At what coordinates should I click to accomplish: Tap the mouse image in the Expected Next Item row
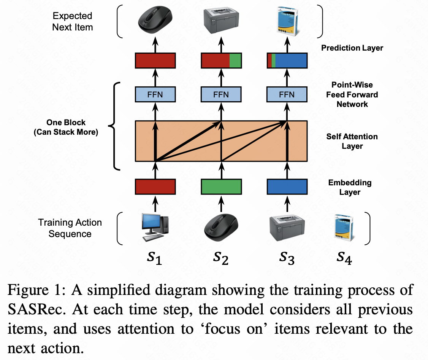[x=155, y=20]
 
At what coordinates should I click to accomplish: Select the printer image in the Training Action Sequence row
[x=287, y=228]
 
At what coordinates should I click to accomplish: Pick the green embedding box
[x=221, y=186]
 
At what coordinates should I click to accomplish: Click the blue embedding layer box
[x=287, y=186]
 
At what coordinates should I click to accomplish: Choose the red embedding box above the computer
[x=155, y=186]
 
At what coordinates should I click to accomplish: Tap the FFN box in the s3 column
[x=287, y=94]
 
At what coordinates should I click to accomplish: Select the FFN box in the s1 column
[x=155, y=94]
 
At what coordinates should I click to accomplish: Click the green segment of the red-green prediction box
[x=235, y=61]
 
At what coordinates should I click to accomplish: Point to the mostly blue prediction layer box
[x=291, y=61]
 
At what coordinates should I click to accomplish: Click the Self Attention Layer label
[x=352, y=141]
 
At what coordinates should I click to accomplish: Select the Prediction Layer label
[x=352, y=48]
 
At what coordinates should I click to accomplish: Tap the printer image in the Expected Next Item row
[x=221, y=21]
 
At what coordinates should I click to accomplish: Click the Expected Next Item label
[x=72, y=22]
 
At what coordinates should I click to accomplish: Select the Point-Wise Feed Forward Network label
[x=352, y=94]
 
